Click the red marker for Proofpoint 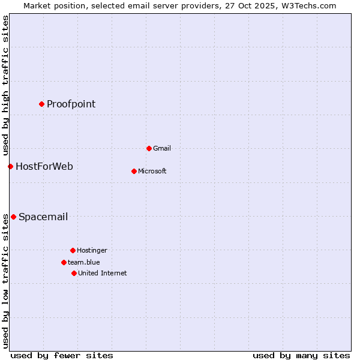point(41,104)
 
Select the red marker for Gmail point(149,148)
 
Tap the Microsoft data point point(134,171)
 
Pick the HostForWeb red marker point(10,166)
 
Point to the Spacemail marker point(13,217)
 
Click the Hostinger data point point(73,250)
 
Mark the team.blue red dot point(64,262)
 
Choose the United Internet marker point(74,273)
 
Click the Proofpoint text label point(71,104)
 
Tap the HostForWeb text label point(44,167)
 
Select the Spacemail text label point(43,217)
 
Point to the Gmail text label point(162,149)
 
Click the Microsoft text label point(152,172)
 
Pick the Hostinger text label point(92,251)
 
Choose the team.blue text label point(84,263)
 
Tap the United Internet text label point(103,274)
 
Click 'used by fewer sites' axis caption point(62,356)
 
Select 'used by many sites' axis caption point(301,356)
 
